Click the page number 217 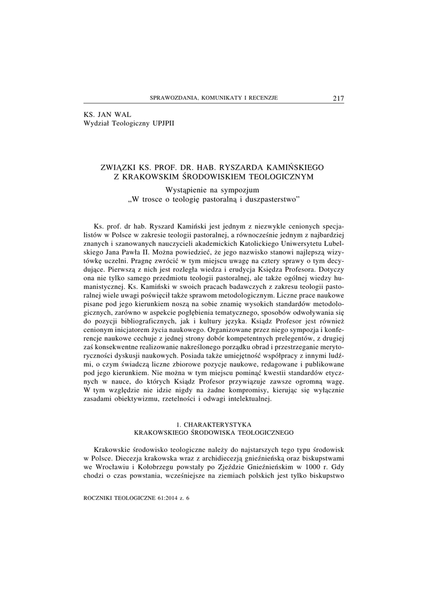[x=339, y=98]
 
